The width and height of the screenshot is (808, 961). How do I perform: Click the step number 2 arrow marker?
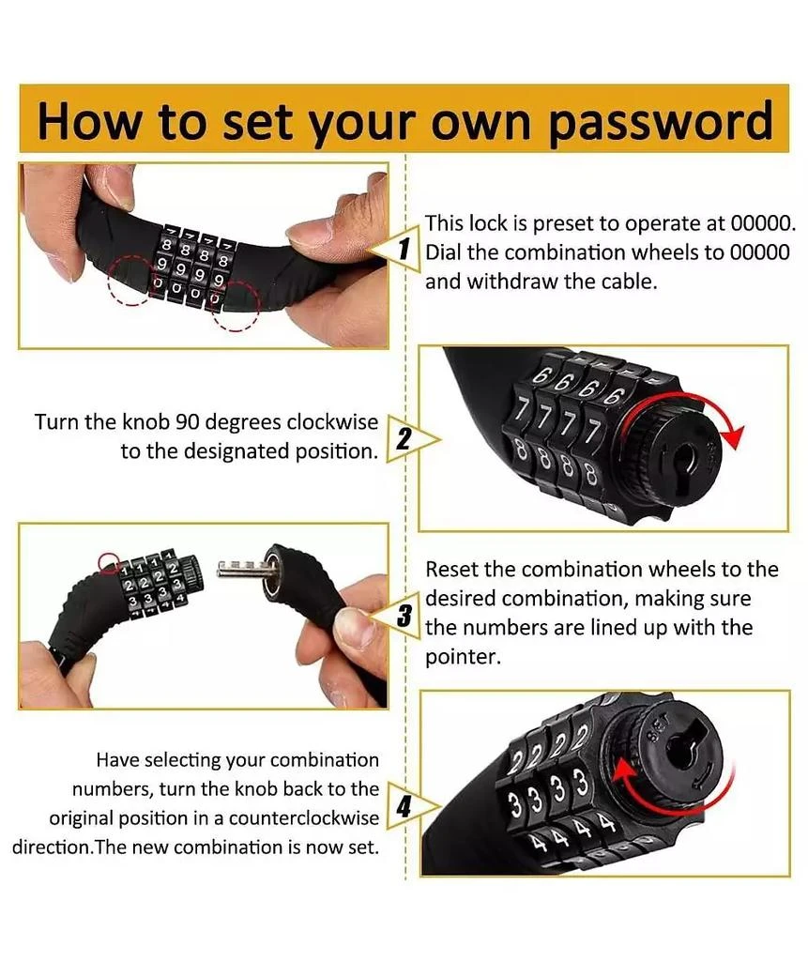pos(411,439)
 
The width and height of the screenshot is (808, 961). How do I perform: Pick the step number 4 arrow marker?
pos(411,806)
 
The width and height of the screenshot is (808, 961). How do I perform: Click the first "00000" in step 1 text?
pos(763,223)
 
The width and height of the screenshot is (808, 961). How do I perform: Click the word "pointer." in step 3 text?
pos(463,657)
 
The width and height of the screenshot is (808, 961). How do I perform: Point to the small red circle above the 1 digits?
pos(109,562)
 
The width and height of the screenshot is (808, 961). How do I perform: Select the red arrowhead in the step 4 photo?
pos(624,773)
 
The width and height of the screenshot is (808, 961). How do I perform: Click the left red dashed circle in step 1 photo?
pos(130,280)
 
